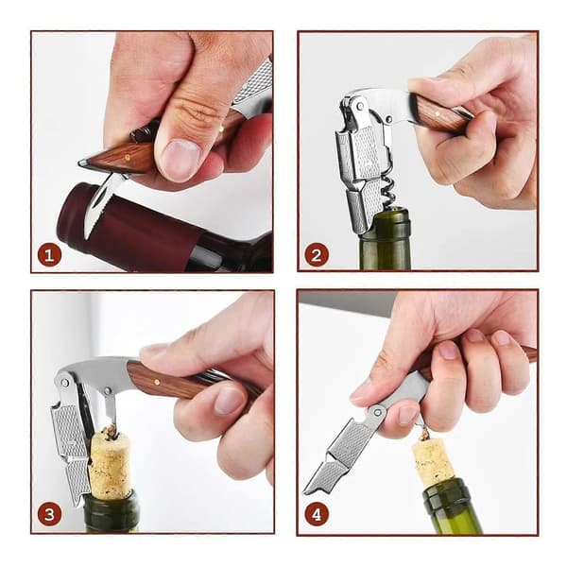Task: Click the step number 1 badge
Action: (x=49, y=255)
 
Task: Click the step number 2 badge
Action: (x=317, y=255)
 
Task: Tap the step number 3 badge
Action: (x=49, y=514)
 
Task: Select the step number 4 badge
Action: (x=317, y=514)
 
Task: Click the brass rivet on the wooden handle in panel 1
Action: (x=127, y=157)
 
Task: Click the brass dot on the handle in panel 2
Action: (x=438, y=113)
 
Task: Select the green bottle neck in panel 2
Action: (x=386, y=240)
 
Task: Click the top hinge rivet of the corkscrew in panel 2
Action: (x=359, y=106)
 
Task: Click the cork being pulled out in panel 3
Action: (x=110, y=462)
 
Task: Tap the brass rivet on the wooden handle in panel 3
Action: (x=156, y=382)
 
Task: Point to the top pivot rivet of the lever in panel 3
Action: (x=65, y=383)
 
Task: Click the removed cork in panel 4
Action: (x=433, y=460)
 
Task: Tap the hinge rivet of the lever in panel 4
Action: (x=376, y=411)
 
